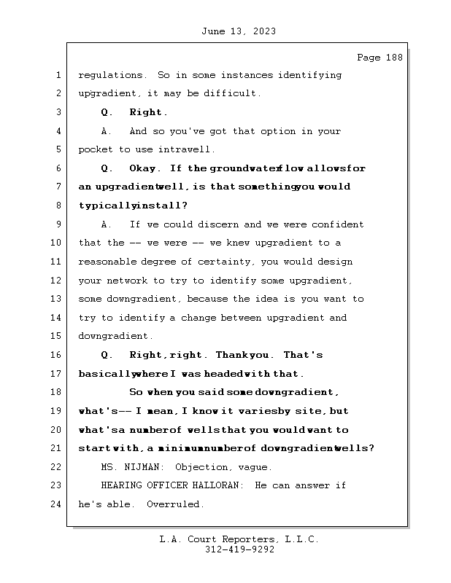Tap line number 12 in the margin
[57, 281]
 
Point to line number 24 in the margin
[57, 504]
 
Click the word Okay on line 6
[143, 168]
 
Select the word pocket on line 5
[95, 149]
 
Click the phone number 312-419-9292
[239, 550]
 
